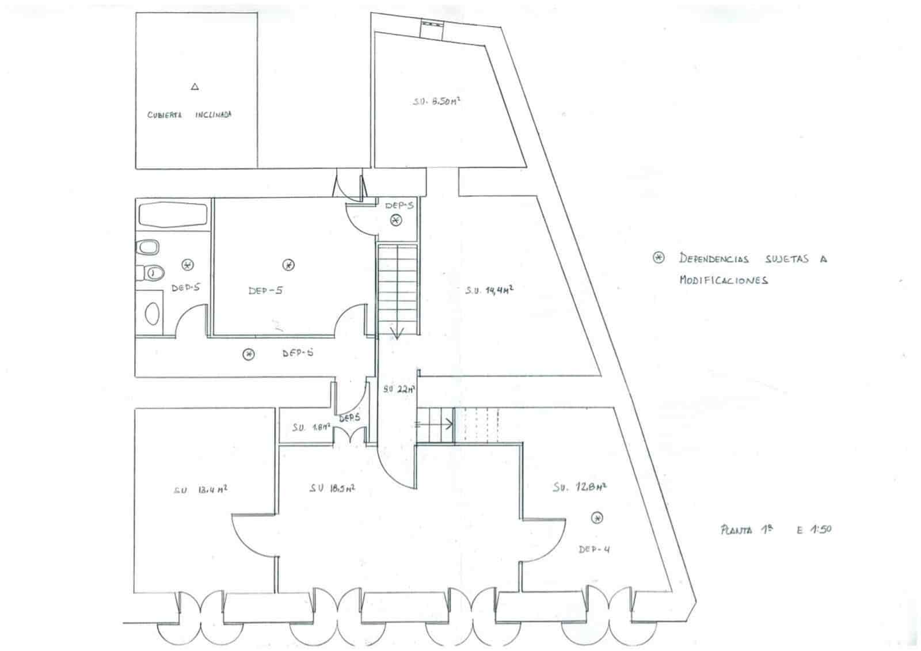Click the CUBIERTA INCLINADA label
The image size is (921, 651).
tap(189, 115)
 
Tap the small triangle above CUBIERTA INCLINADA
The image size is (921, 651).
tap(195, 87)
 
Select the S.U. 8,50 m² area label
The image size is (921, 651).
tap(436, 101)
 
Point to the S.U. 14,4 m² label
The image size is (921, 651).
tap(489, 291)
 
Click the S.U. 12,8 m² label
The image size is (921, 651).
tap(580, 487)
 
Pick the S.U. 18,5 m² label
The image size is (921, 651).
tap(332, 488)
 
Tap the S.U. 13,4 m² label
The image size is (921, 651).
tap(200, 490)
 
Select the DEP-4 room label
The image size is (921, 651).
tap(594, 549)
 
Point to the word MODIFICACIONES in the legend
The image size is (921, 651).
tap(724, 280)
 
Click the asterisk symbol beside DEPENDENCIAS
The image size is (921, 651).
tap(659, 257)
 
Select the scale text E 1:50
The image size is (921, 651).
tap(814, 530)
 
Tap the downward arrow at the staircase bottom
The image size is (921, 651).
tap(397, 333)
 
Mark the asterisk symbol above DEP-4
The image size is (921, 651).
tap(597, 518)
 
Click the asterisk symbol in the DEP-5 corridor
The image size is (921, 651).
tap(248, 354)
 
